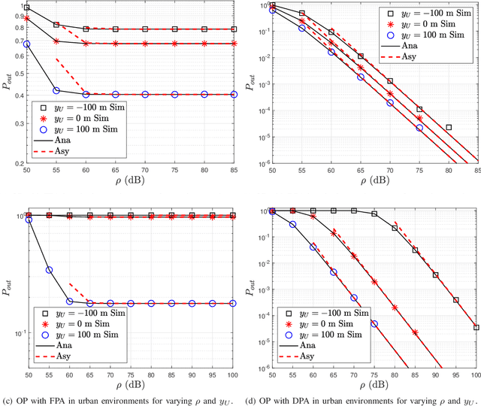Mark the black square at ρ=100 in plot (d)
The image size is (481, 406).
tap(476, 327)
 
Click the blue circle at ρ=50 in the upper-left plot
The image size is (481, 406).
tap(28, 44)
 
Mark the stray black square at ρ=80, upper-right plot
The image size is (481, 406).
tap(449, 128)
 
